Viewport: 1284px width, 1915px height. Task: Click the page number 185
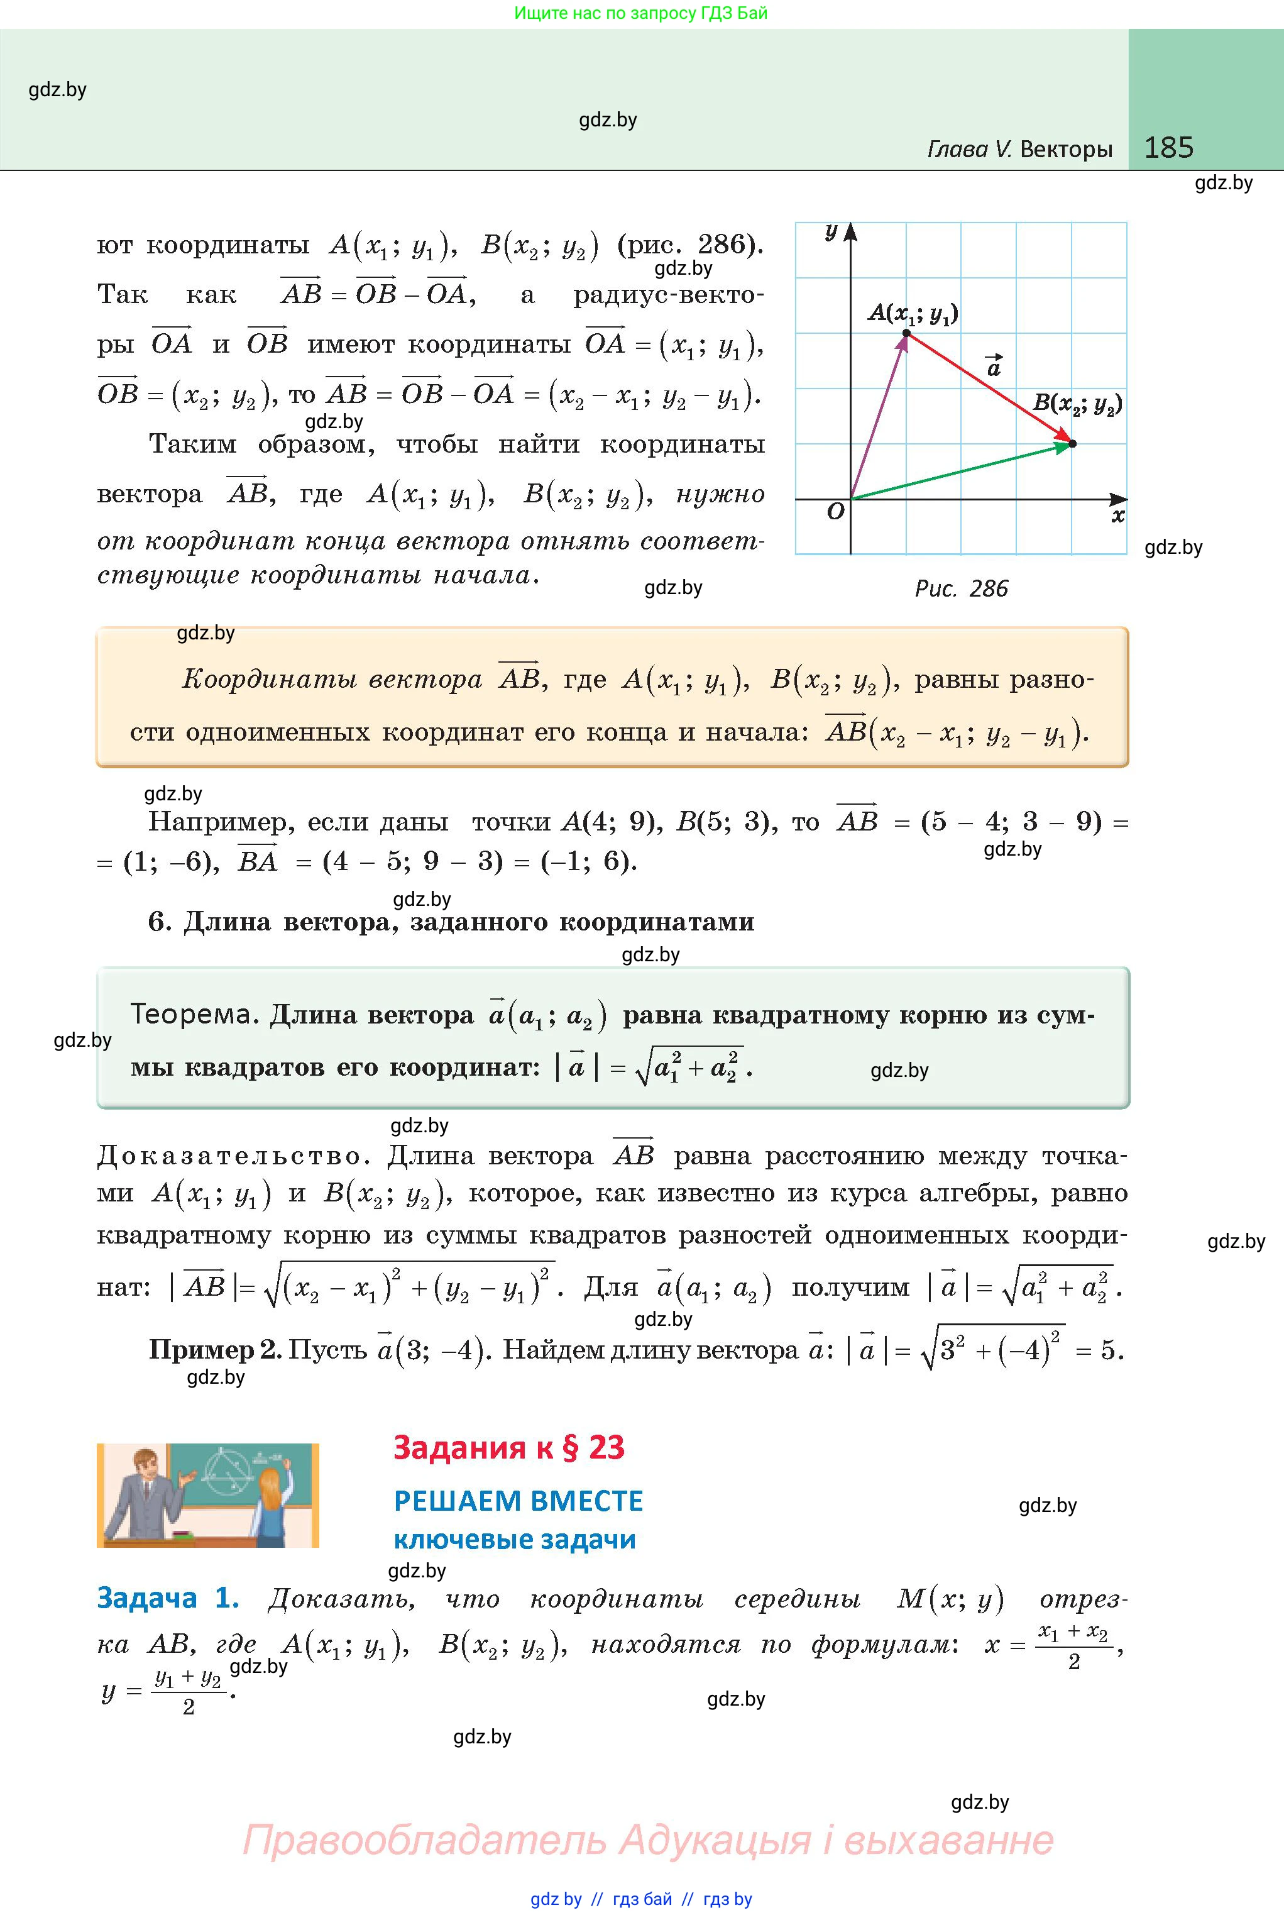tap(1168, 148)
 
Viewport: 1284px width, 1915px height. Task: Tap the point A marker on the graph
tap(906, 333)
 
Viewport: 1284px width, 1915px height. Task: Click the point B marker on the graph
tap(1073, 444)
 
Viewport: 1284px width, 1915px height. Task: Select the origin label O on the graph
tap(835, 512)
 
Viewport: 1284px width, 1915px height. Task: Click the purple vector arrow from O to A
tap(879, 416)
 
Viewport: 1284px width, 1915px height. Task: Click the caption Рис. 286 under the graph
tap(960, 588)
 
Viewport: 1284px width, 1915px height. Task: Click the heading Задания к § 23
tap(508, 1447)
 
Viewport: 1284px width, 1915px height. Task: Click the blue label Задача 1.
tap(167, 1598)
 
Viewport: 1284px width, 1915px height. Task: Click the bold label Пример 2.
tap(214, 1349)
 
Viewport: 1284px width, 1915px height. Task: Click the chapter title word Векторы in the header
tap(1066, 149)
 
